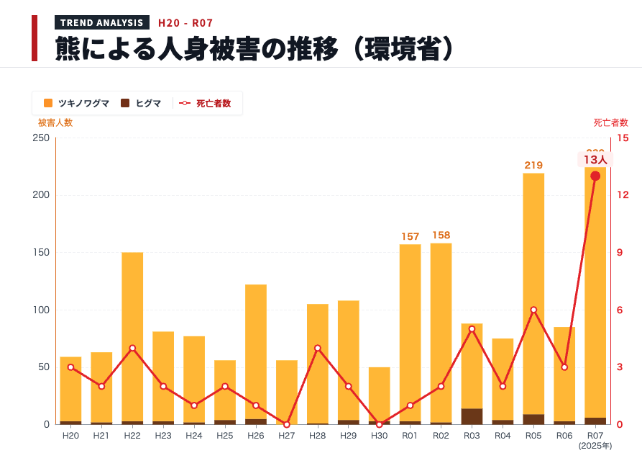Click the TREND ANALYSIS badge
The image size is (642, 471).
[x=102, y=22]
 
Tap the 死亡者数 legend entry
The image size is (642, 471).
[x=205, y=103]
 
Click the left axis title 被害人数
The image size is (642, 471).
[x=55, y=122]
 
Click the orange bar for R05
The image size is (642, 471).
[x=533, y=288]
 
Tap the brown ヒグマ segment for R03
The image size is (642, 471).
[x=472, y=416]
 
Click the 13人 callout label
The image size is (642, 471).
[x=595, y=160]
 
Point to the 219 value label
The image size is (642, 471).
[x=533, y=165]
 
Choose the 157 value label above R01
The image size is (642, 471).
[x=410, y=236]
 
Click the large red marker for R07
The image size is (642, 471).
[x=595, y=176]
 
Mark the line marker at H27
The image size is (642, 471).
[x=287, y=424]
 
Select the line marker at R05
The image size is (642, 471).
[x=533, y=310]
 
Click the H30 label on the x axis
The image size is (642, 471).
[x=379, y=436]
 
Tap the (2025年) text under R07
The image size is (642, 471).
[x=595, y=446]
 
